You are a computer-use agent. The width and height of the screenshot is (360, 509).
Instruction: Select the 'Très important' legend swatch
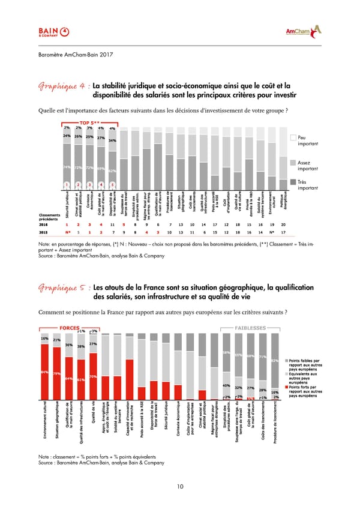click(293, 182)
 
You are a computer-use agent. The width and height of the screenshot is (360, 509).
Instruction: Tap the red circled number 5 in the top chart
click(112, 184)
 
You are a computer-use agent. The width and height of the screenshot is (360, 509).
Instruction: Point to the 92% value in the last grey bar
click(275, 361)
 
